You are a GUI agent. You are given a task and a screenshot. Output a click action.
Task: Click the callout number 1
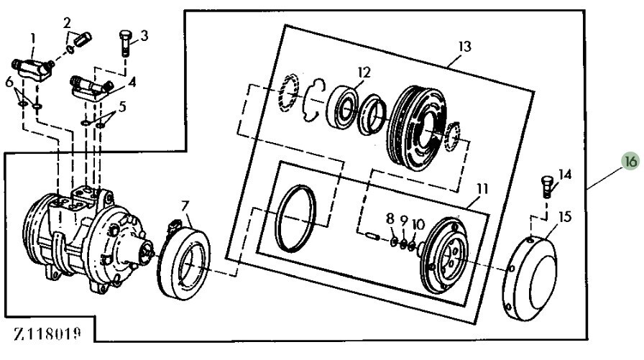[32, 37]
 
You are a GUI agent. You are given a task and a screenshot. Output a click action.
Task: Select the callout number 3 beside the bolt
[144, 34]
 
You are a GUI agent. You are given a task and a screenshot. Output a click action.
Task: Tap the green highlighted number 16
[630, 162]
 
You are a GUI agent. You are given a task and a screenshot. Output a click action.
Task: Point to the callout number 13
[464, 47]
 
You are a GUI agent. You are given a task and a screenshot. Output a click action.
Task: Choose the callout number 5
[121, 106]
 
